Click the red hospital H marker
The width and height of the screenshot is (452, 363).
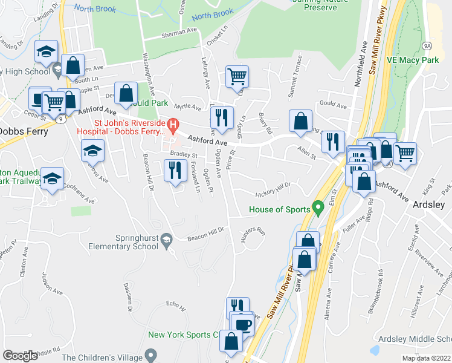173,126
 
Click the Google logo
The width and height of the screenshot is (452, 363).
20,356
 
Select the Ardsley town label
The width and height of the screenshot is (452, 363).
431,204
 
